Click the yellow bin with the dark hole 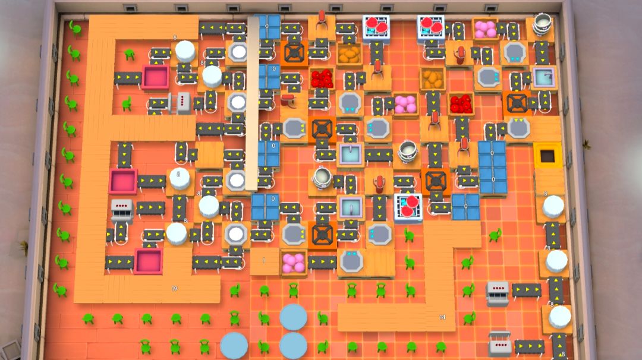pyautogui.click(x=547, y=154)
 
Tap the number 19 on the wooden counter pyautogui.click(x=174, y=288)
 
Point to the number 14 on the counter pyautogui.click(x=442, y=318)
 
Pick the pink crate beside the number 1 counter pyautogui.click(x=293, y=263)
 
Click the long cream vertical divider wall pyautogui.click(x=253, y=101)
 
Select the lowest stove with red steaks pyautogui.click(x=408, y=206)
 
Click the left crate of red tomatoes pyautogui.click(x=322, y=78)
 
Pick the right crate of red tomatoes pyautogui.click(x=461, y=103)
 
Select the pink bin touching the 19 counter pyautogui.click(x=148, y=261)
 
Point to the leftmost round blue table pyautogui.click(x=234, y=345)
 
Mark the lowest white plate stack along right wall pyautogui.click(x=559, y=317)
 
